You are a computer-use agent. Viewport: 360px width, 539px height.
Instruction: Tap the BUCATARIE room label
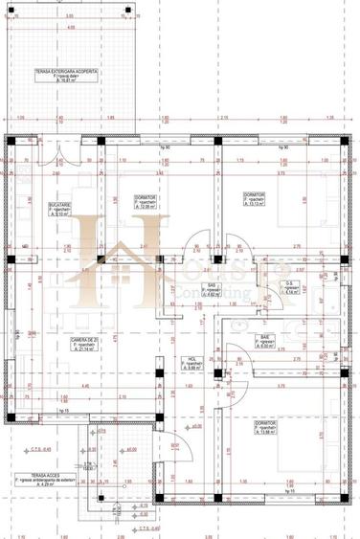57,203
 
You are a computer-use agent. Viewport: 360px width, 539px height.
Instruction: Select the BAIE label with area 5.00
263,338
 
